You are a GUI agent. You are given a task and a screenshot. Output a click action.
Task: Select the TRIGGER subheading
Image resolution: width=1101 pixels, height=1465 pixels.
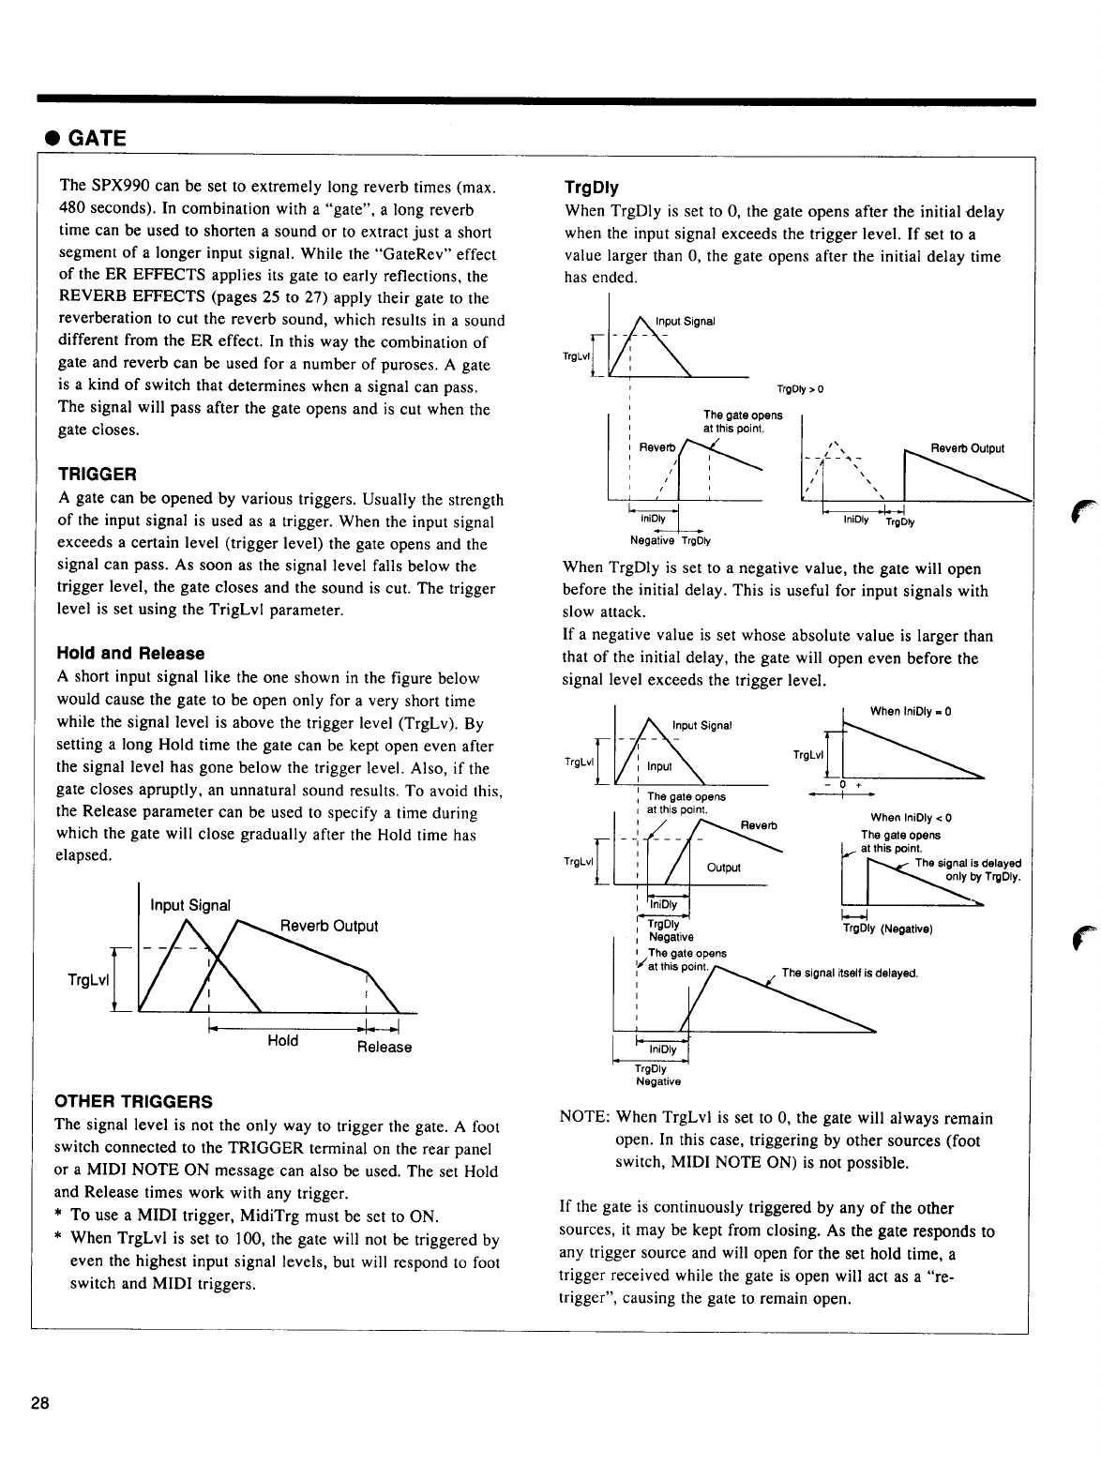(x=97, y=472)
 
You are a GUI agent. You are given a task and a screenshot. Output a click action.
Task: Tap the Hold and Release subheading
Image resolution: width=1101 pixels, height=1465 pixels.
(x=130, y=653)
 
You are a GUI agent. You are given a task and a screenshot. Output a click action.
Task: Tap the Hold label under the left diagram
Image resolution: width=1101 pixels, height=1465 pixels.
(x=282, y=1040)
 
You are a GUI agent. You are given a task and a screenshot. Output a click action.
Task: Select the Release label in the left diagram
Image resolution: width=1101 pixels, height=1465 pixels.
(x=384, y=1047)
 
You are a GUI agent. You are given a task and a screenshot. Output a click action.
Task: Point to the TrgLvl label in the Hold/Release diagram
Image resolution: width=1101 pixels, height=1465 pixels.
(x=89, y=980)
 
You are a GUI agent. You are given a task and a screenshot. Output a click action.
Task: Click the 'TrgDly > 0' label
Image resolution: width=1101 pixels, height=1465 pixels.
(x=800, y=389)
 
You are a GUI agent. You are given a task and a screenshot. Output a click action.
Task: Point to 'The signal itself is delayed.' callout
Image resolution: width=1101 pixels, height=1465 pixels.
(x=849, y=973)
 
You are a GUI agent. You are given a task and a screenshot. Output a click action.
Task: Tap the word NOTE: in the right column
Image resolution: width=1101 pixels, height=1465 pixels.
(x=584, y=1118)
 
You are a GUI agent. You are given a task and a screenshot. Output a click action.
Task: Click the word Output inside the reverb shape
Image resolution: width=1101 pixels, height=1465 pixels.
(x=723, y=867)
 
